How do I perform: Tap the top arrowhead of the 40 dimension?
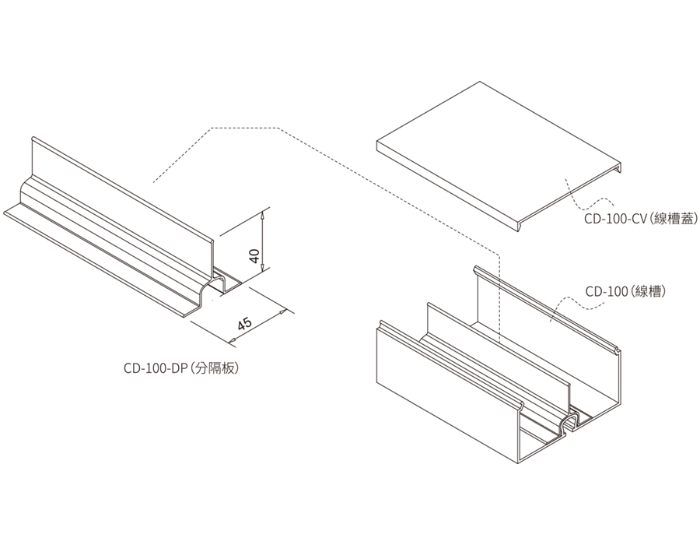[x=264, y=213]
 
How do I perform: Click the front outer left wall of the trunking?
[x=443, y=389]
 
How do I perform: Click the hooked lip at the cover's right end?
[x=620, y=167]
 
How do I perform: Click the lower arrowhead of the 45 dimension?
[x=231, y=340]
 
